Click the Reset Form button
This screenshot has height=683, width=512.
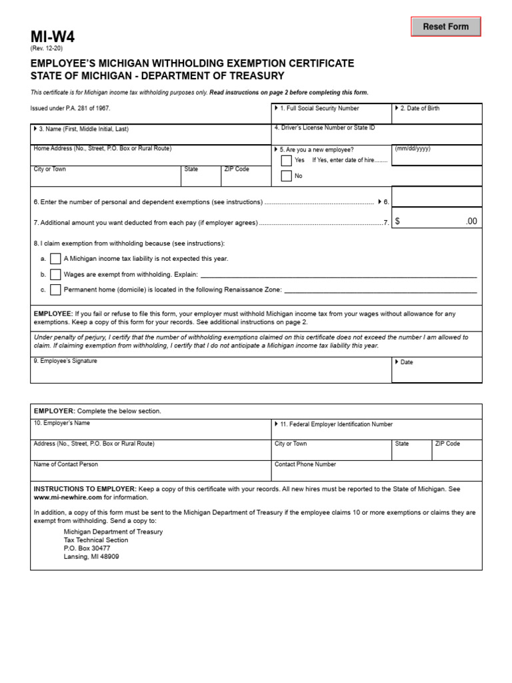point(445,27)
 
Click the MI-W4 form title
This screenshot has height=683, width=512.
point(53,37)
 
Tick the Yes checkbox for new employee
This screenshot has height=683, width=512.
point(286,161)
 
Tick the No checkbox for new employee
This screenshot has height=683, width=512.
point(286,176)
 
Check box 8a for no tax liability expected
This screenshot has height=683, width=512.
point(55,258)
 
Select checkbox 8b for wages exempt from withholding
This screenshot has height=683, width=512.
point(55,274)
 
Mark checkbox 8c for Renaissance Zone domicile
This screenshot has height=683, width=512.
point(55,289)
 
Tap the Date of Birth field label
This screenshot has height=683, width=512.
point(419,108)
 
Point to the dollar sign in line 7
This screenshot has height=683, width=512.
point(397,221)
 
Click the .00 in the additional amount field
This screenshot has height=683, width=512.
point(471,221)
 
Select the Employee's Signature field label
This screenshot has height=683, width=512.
point(65,361)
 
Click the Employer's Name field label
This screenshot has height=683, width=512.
point(61,424)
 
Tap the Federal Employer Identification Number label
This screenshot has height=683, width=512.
point(336,424)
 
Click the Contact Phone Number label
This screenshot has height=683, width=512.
point(305,464)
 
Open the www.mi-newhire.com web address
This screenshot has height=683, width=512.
point(67,497)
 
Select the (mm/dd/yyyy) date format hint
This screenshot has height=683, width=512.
point(413,149)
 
